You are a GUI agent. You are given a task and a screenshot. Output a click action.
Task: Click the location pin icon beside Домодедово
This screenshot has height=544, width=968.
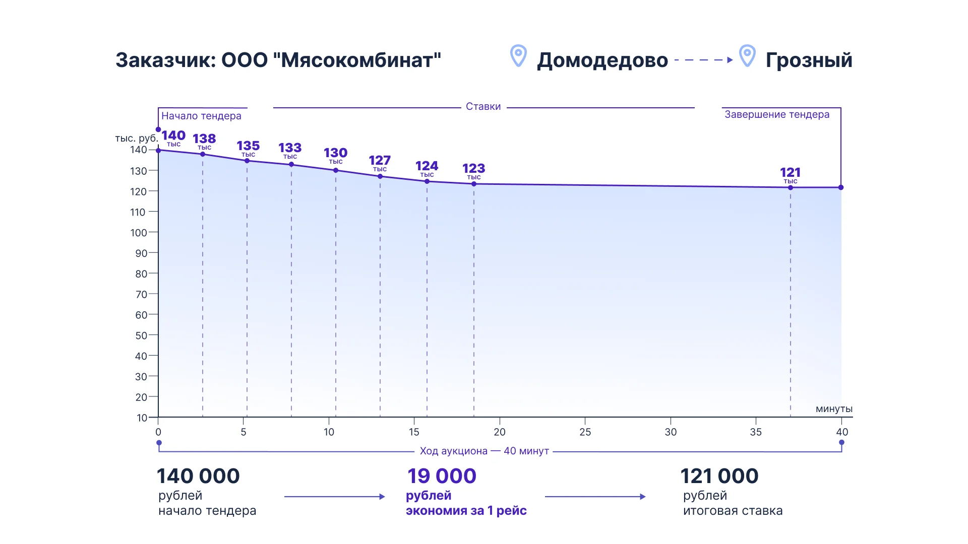pos(518,55)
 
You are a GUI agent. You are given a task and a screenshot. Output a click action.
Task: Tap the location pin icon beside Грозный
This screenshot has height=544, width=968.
pos(747,55)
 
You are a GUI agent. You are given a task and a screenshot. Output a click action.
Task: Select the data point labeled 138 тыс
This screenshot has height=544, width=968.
pos(203,154)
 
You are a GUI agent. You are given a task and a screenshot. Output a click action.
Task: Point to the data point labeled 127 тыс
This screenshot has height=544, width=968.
pos(380,176)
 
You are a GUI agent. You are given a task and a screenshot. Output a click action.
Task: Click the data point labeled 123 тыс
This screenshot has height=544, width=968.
pos(474,184)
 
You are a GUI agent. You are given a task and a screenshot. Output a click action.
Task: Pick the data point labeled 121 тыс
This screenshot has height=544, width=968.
pos(791,187)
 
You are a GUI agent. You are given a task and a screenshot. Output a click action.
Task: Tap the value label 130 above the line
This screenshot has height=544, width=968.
pos(335,153)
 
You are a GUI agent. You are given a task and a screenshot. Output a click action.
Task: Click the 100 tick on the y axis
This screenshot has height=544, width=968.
pos(139,233)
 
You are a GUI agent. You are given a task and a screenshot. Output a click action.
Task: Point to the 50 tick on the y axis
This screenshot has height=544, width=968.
pos(141,335)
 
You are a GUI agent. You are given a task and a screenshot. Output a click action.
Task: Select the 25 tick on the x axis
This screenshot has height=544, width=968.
pos(585,432)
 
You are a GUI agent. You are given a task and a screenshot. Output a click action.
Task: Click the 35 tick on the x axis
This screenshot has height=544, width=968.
pos(756,432)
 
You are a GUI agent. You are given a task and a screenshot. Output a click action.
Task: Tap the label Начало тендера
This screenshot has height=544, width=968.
pos(201,116)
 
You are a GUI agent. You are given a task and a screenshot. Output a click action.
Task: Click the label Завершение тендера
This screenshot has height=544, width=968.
pos(777,114)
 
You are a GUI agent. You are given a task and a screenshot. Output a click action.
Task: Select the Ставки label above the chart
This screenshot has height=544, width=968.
pos(483,106)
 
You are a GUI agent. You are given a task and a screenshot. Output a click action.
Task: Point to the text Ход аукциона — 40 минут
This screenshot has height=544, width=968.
pos(484,451)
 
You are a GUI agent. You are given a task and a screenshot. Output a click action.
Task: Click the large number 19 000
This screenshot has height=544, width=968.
pos(442,476)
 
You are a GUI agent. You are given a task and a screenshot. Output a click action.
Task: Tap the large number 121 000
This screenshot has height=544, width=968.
pos(719,476)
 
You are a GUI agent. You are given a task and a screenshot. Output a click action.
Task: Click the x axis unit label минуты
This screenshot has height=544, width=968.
pos(834,409)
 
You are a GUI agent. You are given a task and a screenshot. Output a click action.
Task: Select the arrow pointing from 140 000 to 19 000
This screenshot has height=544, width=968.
pos(334,497)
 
